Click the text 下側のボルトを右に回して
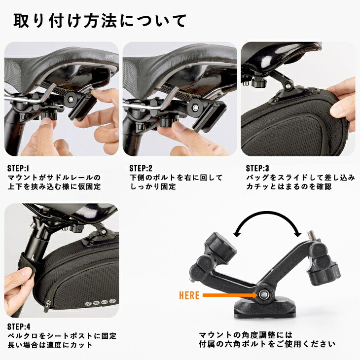click(x=176, y=178)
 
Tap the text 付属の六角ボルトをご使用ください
click(x=267, y=344)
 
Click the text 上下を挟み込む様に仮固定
click(x=54, y=187)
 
